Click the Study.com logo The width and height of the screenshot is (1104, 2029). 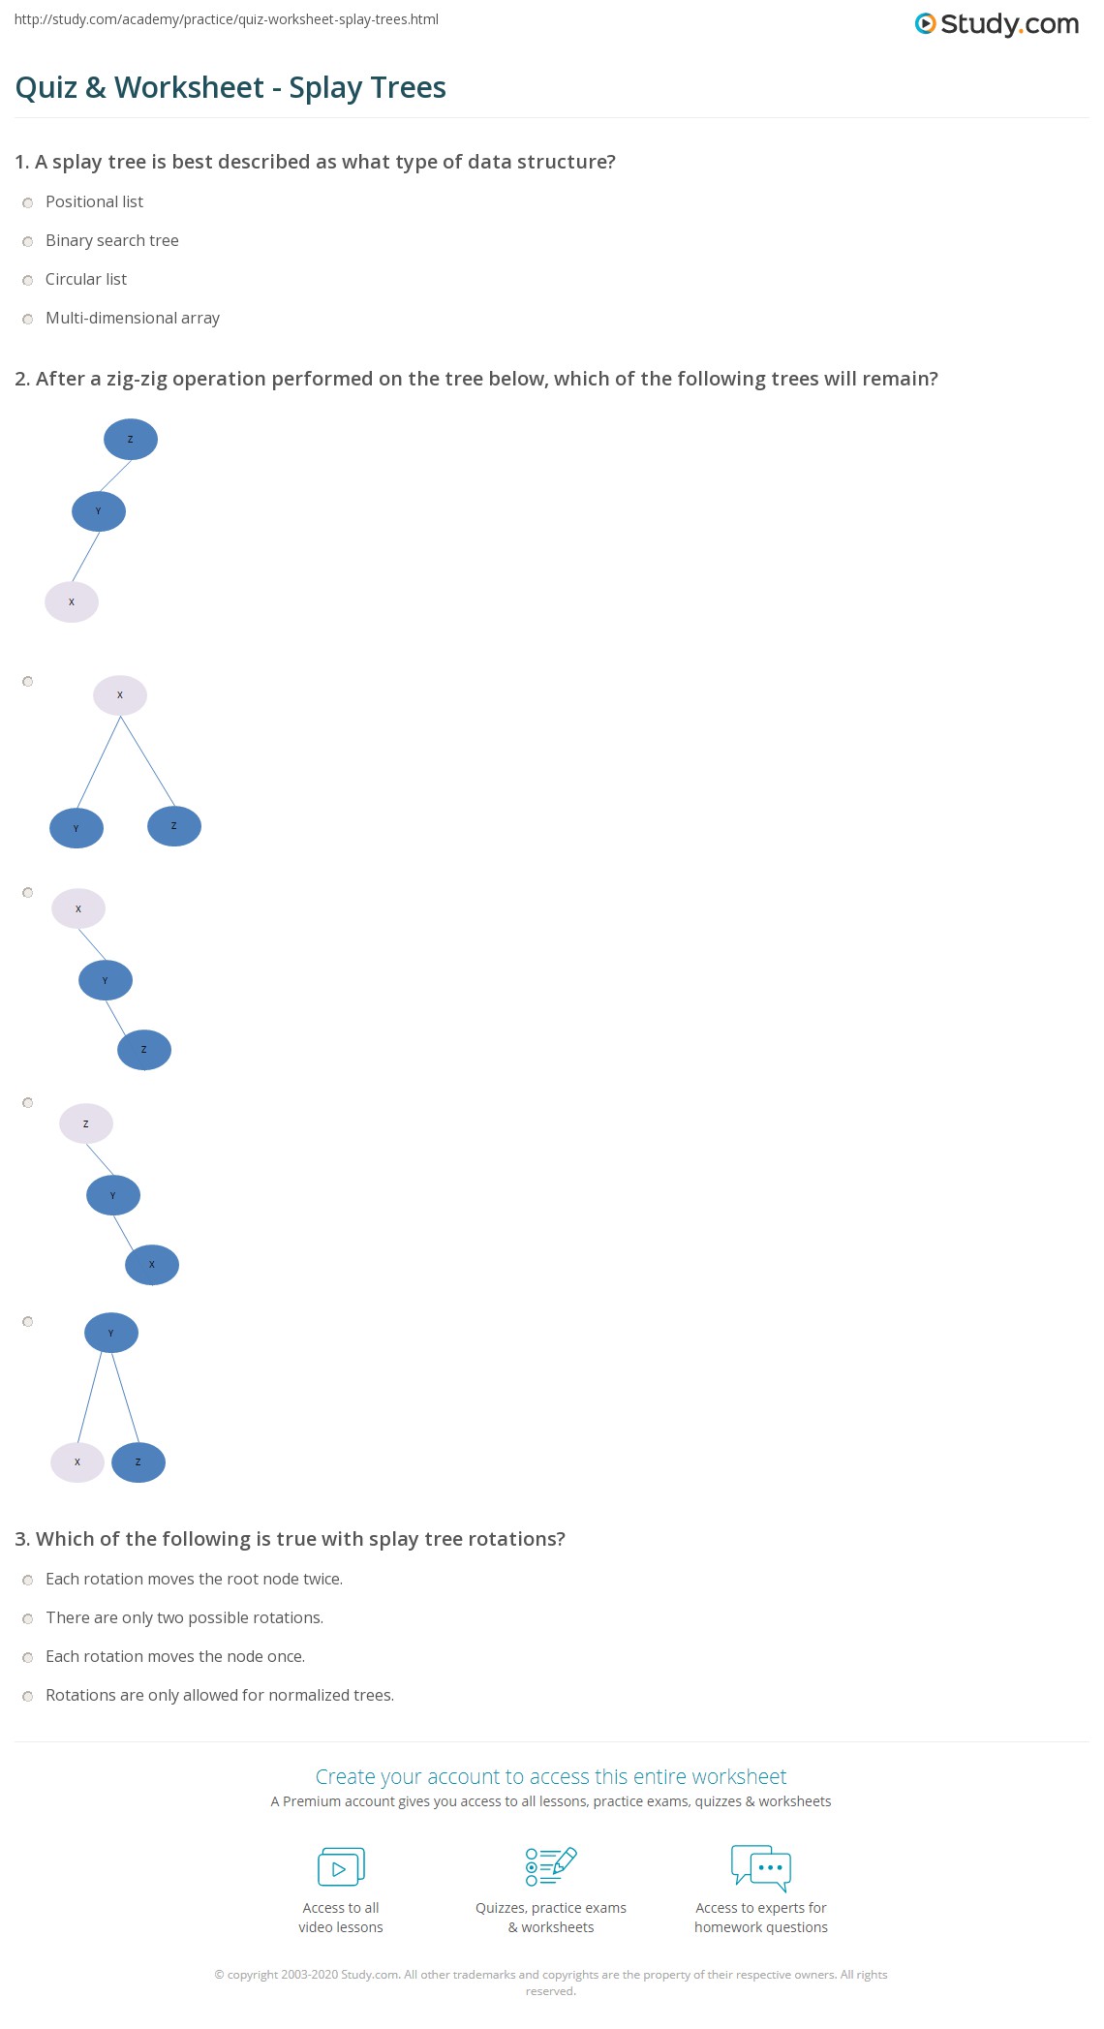[x=997, y=24]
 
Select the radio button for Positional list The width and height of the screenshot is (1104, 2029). [x=28, y=202]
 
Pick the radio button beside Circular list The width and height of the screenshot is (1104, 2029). [x=28, y=280]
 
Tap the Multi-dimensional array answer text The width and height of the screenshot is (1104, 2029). [x=133, y=318]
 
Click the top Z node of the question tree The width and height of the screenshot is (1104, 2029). [x=131, y=440]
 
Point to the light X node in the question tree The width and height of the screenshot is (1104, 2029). [x=72, y=602]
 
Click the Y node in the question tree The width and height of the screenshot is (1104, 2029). [x=99, y=511]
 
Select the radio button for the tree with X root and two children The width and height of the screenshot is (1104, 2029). [x=28, y=682]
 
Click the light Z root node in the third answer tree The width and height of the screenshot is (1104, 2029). [x=86, y=1123]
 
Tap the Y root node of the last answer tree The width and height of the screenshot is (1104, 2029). [x=111, y=1334]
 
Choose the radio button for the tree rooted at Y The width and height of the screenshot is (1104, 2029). [x=28, y=1322]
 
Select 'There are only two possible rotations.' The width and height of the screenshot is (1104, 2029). [x=184, y=1617]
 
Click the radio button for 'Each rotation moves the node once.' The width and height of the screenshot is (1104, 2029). [x=28, y=1657]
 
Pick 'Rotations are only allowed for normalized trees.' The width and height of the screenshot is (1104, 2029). [x=220, y=1695]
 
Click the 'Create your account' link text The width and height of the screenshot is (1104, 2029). [x=551, y=1776]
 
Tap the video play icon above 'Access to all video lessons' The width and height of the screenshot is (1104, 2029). [x=341, y=1867]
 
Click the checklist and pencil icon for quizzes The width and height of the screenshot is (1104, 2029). [x=551, y=1866]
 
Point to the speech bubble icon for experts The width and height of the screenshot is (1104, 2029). [x=761, y=1867]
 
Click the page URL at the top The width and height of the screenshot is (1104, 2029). [x=227, y=19]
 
